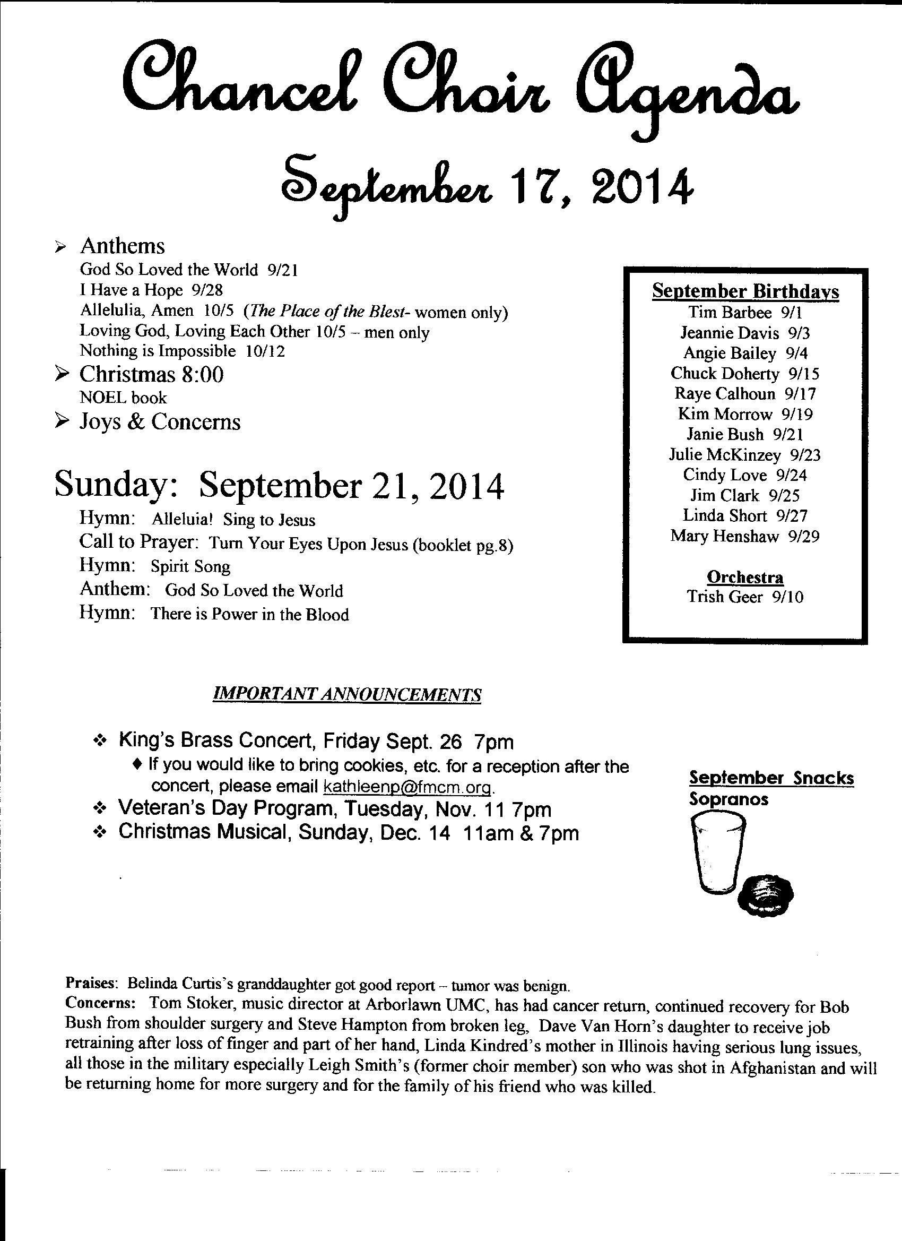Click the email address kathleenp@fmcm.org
pos(409,787)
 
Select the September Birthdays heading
pos(745,291)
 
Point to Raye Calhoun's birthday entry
pos(745,394)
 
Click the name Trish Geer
pos(725,597)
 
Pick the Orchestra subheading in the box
pos(745,578)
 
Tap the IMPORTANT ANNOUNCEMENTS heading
pos(347,694)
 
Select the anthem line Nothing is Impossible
pos(182,351)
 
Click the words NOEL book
pos(123,398)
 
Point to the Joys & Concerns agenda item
pos(160,422)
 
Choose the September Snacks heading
pos(771,778)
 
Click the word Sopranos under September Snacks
pos(728,799)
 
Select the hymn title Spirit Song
pos(190,566)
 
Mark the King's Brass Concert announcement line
pos(316,742)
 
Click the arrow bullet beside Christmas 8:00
pos(63,375)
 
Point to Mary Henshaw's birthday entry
pos(745,536)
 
